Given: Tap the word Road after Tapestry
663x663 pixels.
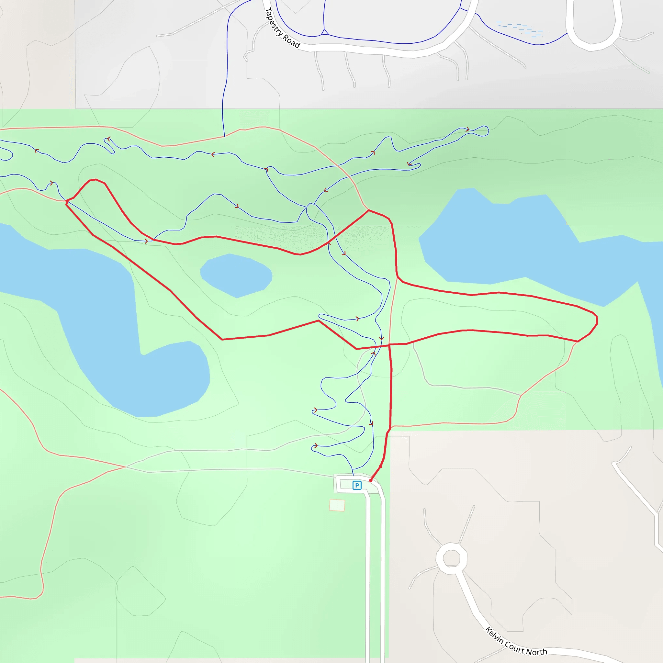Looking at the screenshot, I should pos(291,41).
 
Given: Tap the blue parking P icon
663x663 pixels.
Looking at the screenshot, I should pos(357,485).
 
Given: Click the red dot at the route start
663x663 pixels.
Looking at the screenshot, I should pos(371,481).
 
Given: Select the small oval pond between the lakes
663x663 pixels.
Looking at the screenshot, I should pos(236,275).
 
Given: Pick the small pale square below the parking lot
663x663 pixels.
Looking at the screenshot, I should pos(337,505).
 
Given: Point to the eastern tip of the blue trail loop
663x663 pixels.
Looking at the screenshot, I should pos(488,130).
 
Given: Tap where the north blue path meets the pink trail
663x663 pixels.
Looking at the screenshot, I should pos(224,136).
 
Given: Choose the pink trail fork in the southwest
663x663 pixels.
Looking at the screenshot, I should pos(126,467).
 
